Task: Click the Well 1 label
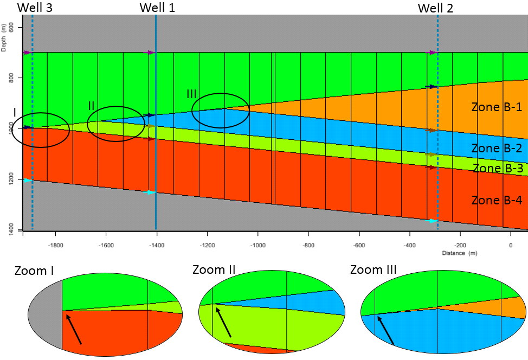click(x=157, y=8)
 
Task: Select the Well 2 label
click(x=435, y=8)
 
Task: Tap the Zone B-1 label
click(x=496, y=107)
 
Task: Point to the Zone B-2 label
click(x=496, y=148)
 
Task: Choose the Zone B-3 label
click(x=498, y=168)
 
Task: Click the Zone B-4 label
click(x=496, y=201)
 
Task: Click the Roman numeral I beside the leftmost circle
click(x=15, y=113)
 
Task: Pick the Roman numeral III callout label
click(x=191, y=94)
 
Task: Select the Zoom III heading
click(x=374, y=270)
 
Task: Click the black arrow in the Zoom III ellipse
click(x=385, y=330)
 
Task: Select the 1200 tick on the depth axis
click(x=11, y=179)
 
